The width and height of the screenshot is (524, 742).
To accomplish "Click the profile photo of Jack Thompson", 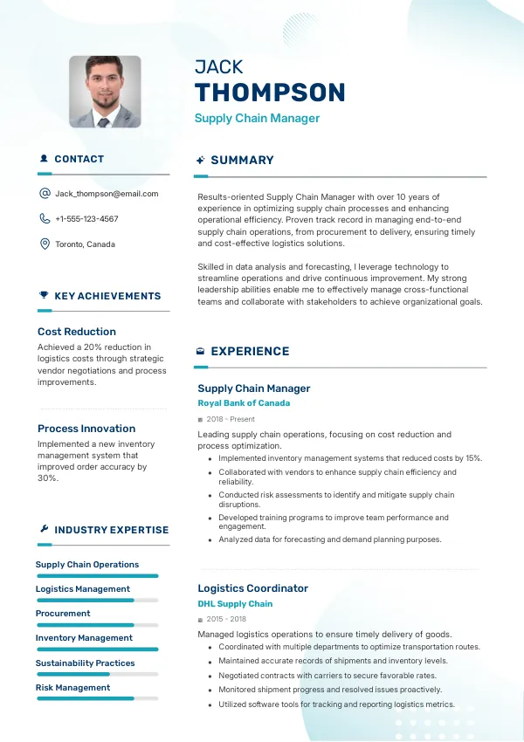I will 105,92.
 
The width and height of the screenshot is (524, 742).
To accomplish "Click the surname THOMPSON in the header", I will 270,93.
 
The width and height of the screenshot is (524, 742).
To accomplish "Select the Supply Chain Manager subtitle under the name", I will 257,119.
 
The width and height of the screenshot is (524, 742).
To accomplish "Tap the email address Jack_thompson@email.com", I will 107,194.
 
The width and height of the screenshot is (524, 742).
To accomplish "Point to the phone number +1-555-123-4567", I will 86,219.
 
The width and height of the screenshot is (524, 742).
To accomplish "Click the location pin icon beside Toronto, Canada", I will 45,244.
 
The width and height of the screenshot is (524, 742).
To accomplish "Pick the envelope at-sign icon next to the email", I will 45,194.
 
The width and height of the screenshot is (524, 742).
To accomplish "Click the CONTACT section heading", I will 79,160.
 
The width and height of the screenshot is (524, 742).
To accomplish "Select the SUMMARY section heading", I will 242,161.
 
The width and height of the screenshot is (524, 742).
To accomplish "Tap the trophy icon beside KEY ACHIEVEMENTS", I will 44,296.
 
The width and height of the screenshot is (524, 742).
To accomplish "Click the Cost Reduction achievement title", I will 77,332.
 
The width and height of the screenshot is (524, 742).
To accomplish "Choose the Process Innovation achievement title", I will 86,429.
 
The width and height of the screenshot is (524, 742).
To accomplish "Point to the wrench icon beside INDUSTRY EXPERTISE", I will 44,530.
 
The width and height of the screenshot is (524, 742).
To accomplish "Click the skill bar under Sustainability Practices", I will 97,674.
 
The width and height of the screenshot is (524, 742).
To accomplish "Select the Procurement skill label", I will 63,614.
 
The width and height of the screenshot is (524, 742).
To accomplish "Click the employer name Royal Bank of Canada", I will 244,403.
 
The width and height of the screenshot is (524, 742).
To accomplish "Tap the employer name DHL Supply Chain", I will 235,604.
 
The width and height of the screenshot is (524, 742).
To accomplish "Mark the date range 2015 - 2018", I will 227,619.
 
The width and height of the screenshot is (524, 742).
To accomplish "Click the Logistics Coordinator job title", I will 252,588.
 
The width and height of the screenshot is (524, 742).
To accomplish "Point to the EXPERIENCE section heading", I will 250,352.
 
